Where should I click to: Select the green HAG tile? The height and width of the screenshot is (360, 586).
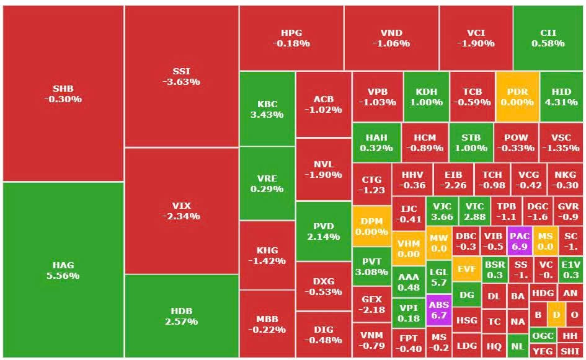(x=63, y=270)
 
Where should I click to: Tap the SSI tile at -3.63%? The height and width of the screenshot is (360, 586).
(x=182, y=76)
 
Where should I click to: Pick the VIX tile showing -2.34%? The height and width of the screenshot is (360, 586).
(x=182, y=211)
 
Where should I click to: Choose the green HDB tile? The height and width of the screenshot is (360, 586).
(x=182, y=316)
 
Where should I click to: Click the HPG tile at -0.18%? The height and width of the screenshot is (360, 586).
(x=291, y=38)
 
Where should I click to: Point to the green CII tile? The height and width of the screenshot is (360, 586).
(x=548, y=38)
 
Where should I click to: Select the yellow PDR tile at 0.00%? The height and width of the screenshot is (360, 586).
(x=517, y=97)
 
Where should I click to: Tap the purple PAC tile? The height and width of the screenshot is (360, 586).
(x=519, y=241)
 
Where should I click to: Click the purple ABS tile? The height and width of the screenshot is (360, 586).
(x=439, y=310)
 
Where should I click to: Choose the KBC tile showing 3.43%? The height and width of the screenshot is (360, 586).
(x=267, y=109)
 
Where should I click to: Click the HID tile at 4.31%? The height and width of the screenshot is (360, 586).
(x=561, y=97)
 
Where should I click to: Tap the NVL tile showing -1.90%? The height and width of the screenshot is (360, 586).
(x=323, y=169)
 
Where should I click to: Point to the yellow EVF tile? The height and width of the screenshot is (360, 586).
(x=466, y=269)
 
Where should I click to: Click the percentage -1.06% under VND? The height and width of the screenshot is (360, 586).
(x=391, y=44)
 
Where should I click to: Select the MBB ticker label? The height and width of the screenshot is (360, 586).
(x=267, y=320)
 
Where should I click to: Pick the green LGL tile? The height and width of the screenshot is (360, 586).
(x=438, y=277)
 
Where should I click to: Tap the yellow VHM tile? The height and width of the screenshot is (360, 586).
(x=409, y=248)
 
